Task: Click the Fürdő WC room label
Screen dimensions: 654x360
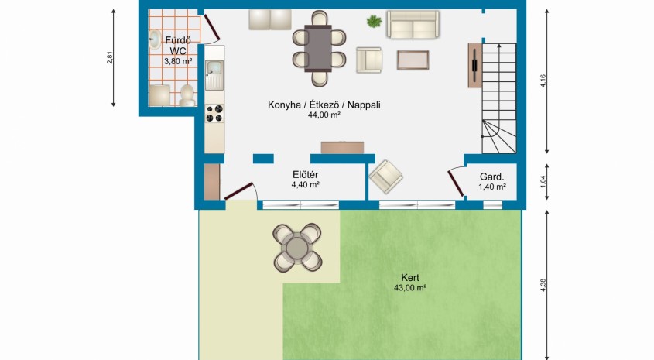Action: point(178,46)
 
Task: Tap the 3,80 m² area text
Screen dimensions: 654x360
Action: point(178,61)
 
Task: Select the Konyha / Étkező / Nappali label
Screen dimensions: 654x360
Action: point(324,105)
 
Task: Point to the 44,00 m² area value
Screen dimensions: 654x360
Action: point(324,115)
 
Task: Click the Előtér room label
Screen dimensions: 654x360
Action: point(305,175)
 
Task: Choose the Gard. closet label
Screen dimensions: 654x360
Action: point(491,177)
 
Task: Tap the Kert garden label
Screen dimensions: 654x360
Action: point(410,277)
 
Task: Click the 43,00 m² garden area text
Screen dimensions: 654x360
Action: point(410,287)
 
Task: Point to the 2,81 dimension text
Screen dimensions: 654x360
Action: point(110,57)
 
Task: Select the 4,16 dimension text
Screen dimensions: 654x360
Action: point(543,81)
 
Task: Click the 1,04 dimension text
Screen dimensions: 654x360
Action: point(543,181)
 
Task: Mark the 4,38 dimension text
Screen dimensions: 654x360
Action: point(543,285)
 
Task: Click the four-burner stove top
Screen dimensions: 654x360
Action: point(214,114)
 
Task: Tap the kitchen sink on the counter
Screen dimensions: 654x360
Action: point(214,75)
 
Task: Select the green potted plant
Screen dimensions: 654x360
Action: point(374,21)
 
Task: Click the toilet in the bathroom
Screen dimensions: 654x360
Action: point(187,95)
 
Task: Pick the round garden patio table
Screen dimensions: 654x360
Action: point(297,248)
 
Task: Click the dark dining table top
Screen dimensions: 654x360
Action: point(318,49)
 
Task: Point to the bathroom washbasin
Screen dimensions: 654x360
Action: point(154,39)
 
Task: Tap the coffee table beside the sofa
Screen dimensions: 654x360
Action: point(413,60)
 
